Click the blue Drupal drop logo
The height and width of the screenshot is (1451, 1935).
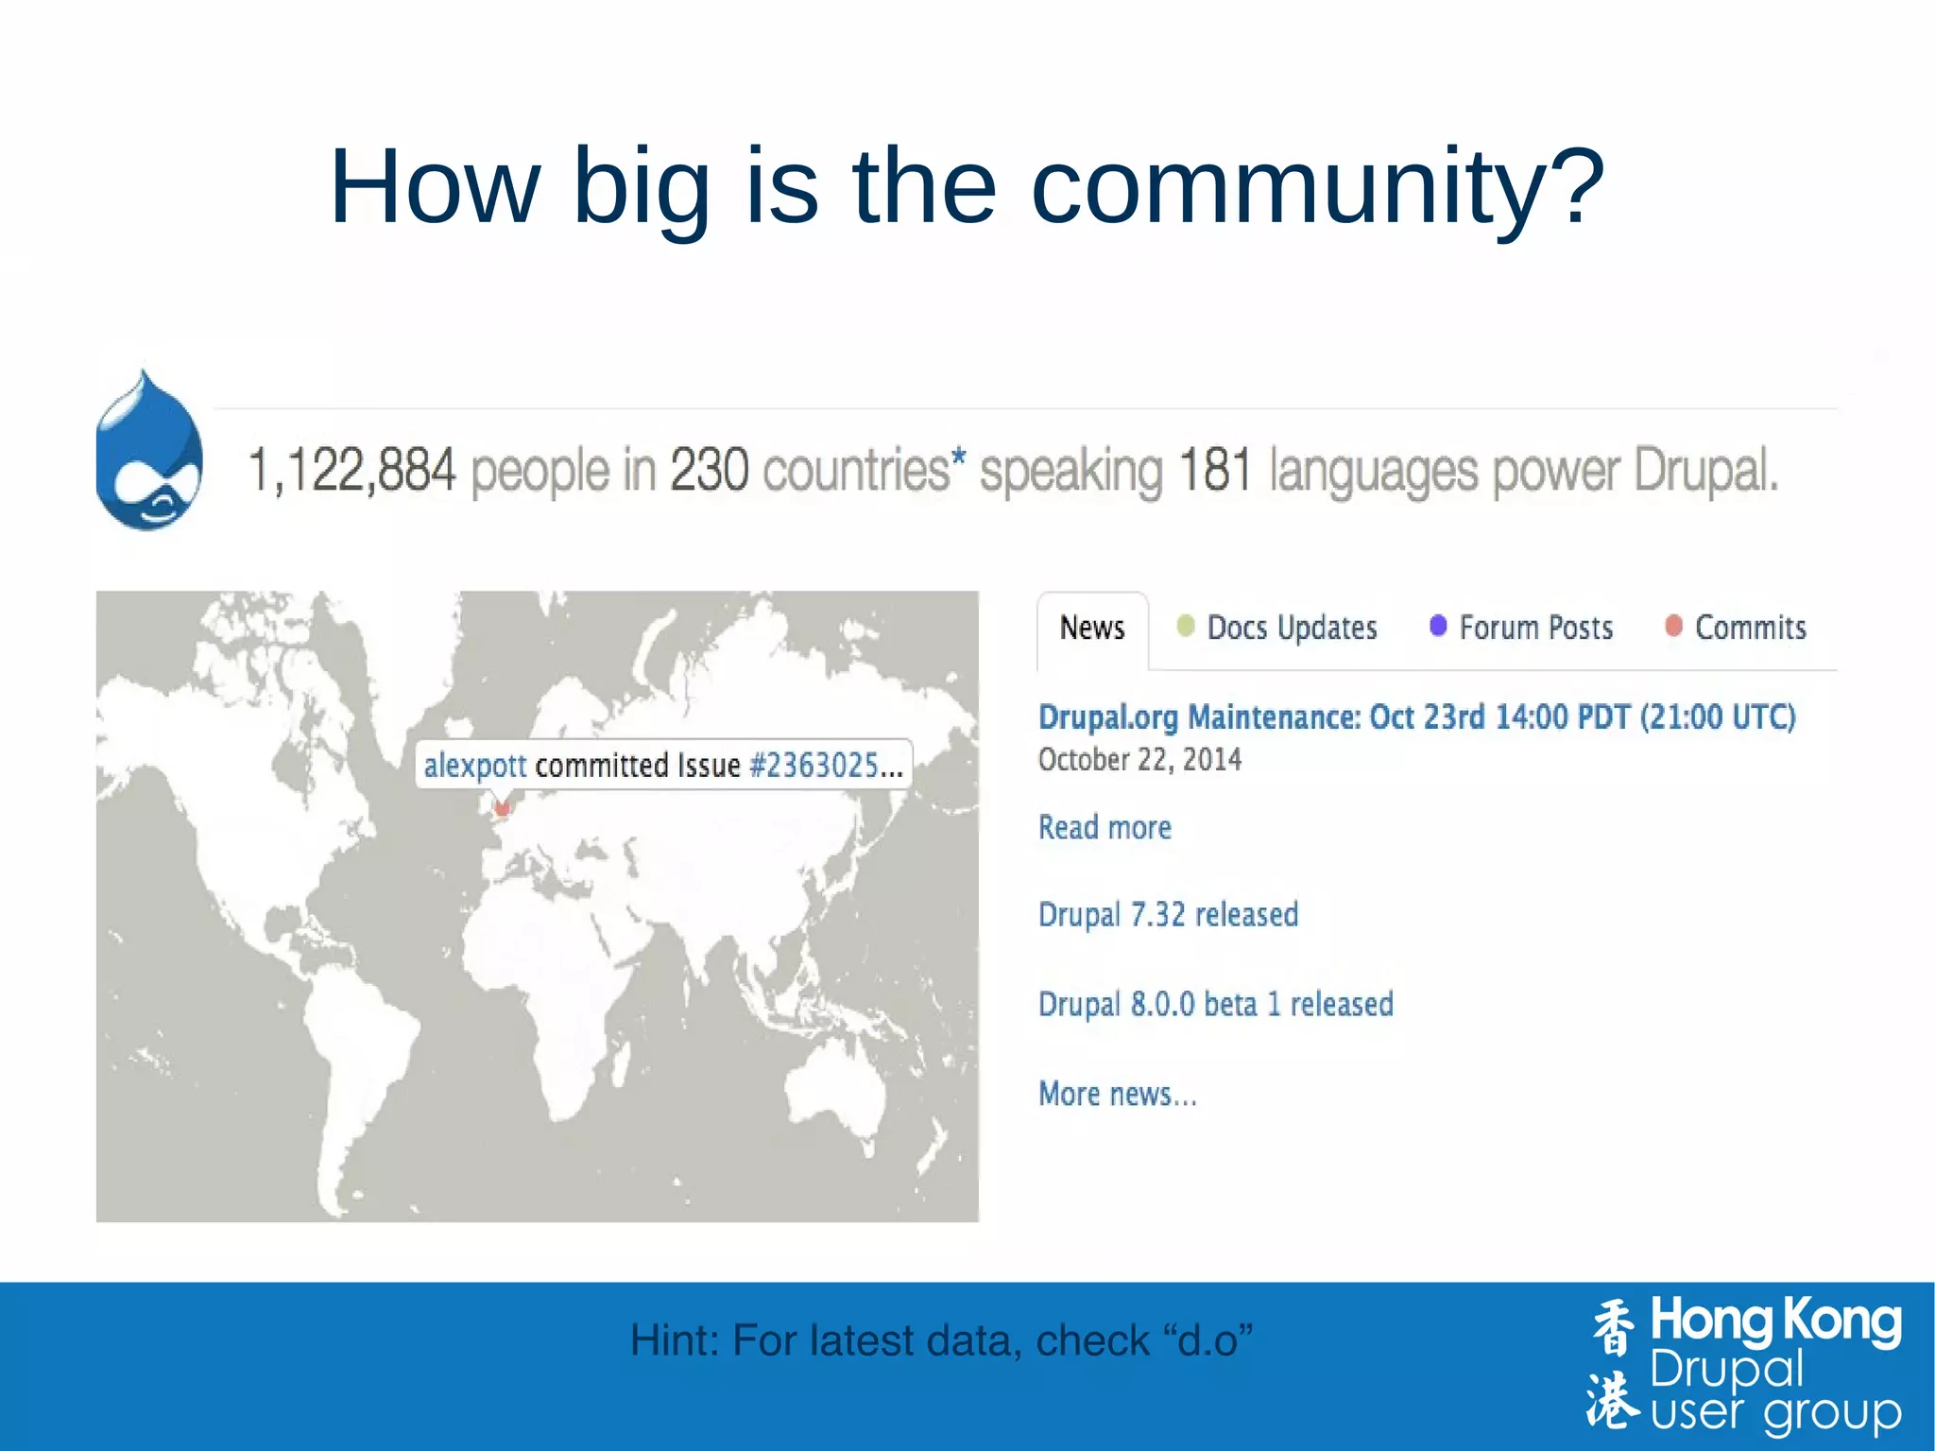coord(149,452)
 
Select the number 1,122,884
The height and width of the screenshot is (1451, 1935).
coord(351,470)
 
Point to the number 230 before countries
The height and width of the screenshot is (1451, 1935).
coord(709,470)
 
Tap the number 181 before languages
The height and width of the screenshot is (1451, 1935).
coord(1215,470)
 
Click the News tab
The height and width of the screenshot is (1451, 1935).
coord(1092,628)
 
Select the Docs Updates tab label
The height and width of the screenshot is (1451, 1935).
coord(1292,628)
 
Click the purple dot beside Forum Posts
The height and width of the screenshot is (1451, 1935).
coord(1438,626)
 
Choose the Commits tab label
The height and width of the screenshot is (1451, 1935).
coord(1750,628)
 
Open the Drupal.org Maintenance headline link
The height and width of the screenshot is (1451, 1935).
coord(1415,717)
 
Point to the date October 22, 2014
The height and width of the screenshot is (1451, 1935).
coord(1139,760)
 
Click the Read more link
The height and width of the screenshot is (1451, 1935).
coord(1104,828)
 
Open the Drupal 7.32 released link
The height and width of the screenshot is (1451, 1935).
coord(1168,915)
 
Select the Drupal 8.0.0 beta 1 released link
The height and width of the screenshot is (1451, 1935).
coord(1215,1004)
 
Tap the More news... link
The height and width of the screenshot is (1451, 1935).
coord(1117,1095)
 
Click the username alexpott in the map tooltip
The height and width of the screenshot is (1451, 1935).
coord(474,766)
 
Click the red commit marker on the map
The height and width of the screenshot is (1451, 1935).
coord(503,808)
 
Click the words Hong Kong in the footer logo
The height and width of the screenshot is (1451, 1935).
coord(1774,1322)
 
